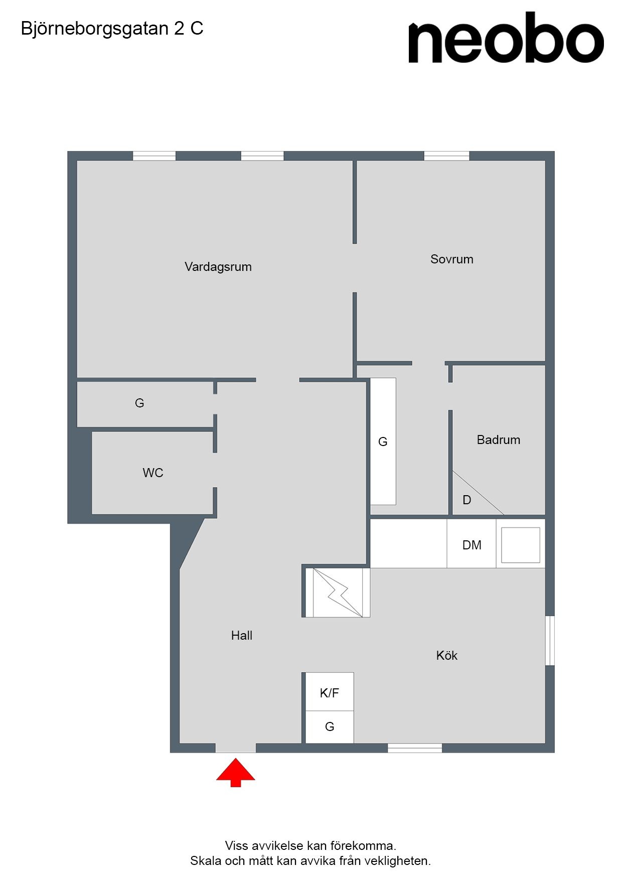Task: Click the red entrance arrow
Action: click(x=236, y=773)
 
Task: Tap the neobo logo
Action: click(x=506, y=38)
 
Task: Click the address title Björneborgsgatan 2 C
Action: click(x=112, y=29)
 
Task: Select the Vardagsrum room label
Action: click(x=218, y=267)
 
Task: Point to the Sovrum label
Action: click(x=452, y=259)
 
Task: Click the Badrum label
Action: click(x=499, y=440)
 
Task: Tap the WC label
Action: click(x=153, y=473)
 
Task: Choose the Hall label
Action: click(x=242, y=636)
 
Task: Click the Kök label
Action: click(x=447, y=655)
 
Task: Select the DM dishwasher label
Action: click(x=472, y=545)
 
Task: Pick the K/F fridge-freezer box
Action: click(x=330, y=692)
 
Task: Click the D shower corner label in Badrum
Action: click(x=467, y=500)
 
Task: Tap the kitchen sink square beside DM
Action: click(x=521, y=545)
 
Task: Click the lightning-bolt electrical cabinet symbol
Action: click(x=338, y=593)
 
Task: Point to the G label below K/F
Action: click(x=330, y=726)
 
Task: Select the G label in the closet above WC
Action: click(x=139, y=403)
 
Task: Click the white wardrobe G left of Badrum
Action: click(x=383, y=442)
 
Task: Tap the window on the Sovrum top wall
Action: click(x=446, y=156)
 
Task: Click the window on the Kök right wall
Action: click(x=550, y=641)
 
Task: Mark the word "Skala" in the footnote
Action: click(x=206, y=861)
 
